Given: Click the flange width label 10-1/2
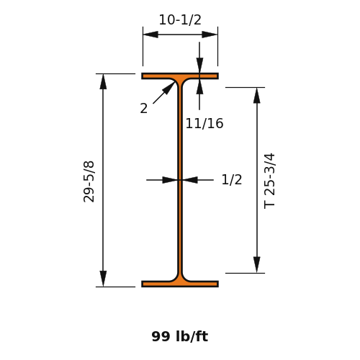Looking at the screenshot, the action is pos(180,19).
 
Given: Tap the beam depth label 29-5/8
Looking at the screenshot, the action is pos(89,181).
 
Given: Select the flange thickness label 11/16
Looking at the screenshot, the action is pos(204,123).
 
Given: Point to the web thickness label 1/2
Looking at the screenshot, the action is pos(232,179).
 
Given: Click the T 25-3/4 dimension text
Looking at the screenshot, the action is pos(269,181).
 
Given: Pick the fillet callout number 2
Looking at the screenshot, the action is pos(144,108).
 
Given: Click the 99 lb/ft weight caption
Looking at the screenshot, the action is pos(180,336).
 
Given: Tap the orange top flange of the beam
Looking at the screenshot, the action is pos(180,76).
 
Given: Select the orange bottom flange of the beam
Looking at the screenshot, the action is pos(180,284).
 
